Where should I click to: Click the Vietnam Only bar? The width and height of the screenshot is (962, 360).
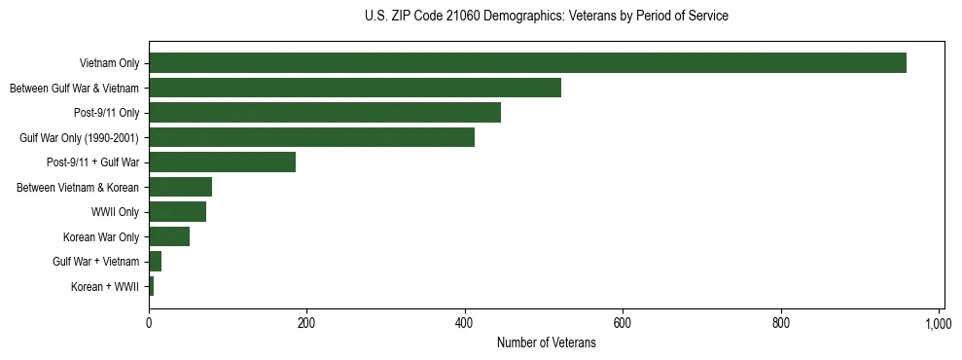pyautogui.click(x=527, y=63)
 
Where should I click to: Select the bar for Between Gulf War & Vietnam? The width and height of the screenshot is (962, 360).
pyautogui.click(x=355, y=89)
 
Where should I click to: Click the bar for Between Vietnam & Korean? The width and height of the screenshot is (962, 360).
pyautogui.click(x=180, y=187)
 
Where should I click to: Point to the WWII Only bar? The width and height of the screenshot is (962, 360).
pyautogui.click(x=177, y=212)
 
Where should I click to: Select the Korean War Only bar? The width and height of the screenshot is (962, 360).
pyautogui.click(x=169, y=236)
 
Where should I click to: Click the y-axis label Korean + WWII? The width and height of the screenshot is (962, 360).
pyautogui.click(x=105, y=287)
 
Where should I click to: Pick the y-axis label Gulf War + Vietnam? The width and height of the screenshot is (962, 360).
pyautogui.click(x=95, y=262)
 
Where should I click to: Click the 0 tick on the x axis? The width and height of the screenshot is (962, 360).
pyautogui.click(x=149, y=323)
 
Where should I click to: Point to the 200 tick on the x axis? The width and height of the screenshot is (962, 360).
pyautogui.click(x=306, y=323)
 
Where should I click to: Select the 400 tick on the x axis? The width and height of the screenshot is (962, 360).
pyautogui.click(x=465, y=323)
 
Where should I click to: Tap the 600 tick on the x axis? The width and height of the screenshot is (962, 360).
pyautogui.click(x=623, y=323)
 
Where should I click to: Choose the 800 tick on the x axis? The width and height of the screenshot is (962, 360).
pyautogui.click(x=781, y=323)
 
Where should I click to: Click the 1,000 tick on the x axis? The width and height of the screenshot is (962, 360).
pyautogui.click(x=939, y=323)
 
